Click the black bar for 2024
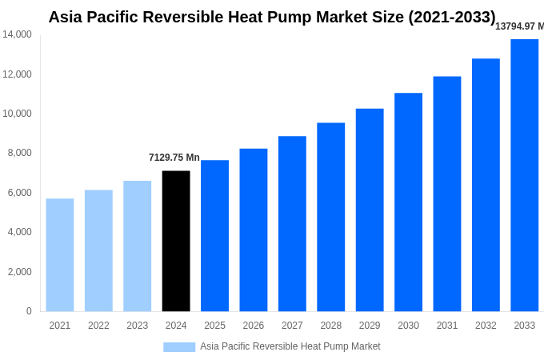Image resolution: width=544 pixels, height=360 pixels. pyautogui.click(x=176, y=241)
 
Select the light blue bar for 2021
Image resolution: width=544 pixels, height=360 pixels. pyautogui.click(x=60, y=254)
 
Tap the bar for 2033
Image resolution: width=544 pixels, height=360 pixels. pyautogui.click(x=524, y=175)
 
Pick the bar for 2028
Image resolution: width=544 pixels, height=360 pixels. pyautogui.click(x=330, y=217)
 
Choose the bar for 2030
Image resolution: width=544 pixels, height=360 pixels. pyautogui.click(x=408, y=202)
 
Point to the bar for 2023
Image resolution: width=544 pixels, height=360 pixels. pyautogui.click(x=137, y=246)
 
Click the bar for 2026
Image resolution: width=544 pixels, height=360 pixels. pyautogui.click(x=254, y=230)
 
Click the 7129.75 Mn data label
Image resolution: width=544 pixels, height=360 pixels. pyautogui.click(x=174, y=158)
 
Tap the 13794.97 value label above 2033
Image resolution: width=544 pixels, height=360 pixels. pyautogui.click(x=519, y=26)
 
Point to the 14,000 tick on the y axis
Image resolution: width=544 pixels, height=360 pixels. pyautogui.click(x=17, y=34)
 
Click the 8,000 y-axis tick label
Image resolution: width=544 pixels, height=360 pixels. pyautogui.click(x=19, y=153)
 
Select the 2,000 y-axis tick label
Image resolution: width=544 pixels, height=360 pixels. pyautogui.click(x=19, y=272)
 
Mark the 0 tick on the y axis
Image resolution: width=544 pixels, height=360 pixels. pyautogui.click(x=29, y=311)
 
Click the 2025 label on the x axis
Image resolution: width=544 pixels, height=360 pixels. pyautogui.click(x=214, y=326)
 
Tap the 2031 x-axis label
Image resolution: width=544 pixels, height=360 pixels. pyautogui.click(x=447, y=326)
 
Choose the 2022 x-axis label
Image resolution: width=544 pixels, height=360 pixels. pyautogui.click(x=98, y=326)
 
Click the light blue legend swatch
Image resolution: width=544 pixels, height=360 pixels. pyautogui.click(x=179, y=346)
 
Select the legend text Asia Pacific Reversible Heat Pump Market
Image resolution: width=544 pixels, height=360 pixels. pyautogui.click(x=290, y=346)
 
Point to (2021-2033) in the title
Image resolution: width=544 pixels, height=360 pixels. pyautogui.click(x=452, y=17)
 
